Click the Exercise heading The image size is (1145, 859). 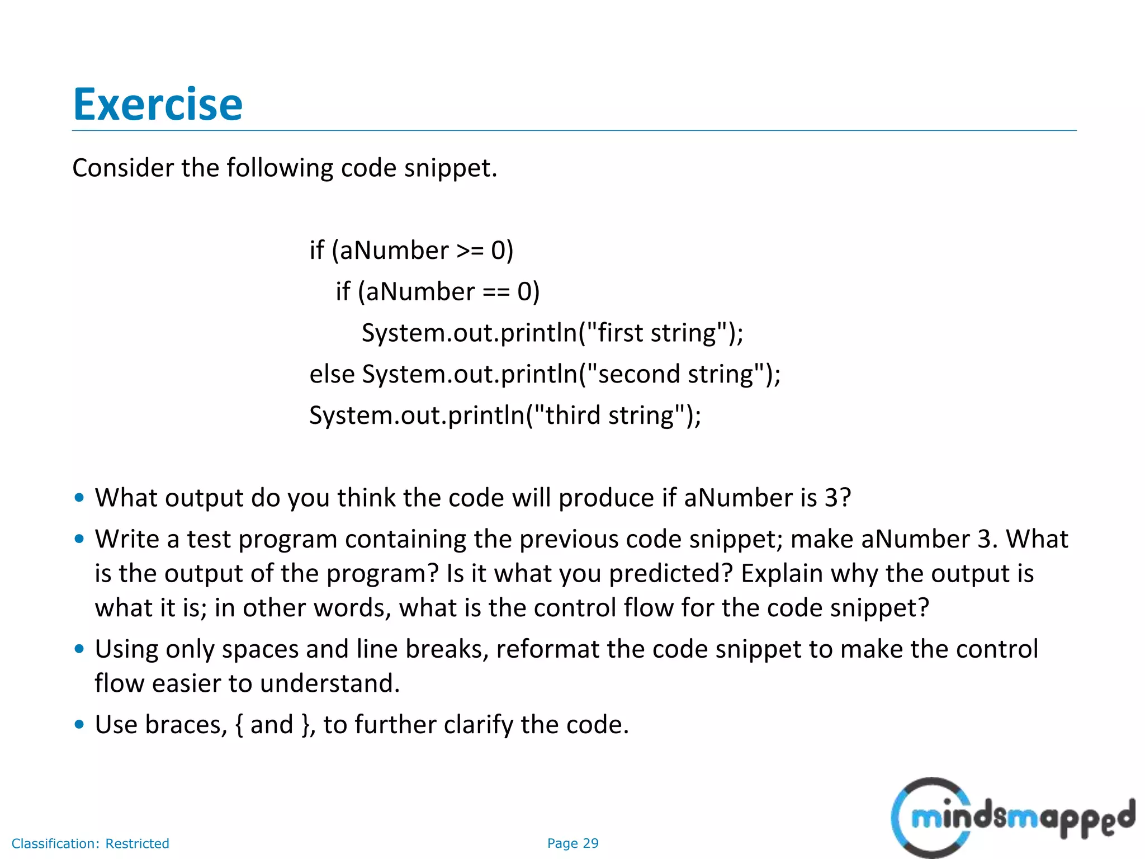pos(158,105)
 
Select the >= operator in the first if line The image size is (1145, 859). pos(470,251)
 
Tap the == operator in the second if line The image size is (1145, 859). pos(496,292)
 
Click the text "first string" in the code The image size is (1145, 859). pos(657,333)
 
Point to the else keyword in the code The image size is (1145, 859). pos(332,374)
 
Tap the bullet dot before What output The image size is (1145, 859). pos(79,497)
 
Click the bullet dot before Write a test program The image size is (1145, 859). pos(79,539)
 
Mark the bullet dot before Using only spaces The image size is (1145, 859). pos(79,649)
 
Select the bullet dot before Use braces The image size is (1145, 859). pos(79,724)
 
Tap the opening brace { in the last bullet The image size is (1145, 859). pos(239,725)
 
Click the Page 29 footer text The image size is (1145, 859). pos(572,843)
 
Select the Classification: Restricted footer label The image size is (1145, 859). pos(90,843)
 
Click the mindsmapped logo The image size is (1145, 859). pos(1012,818)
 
